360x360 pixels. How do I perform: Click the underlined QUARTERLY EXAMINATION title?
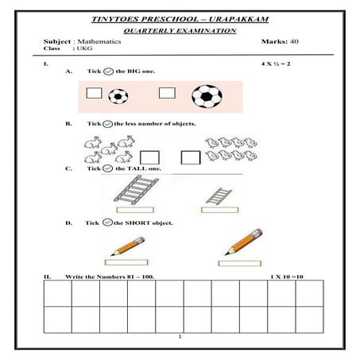tap(180, 29)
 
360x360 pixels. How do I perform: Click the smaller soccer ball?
tap(118, 96)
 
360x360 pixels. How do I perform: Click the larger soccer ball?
tap(207, 96)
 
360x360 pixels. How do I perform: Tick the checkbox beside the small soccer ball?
tap(94, 94)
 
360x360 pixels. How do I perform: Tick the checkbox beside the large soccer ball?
tap(167, 93)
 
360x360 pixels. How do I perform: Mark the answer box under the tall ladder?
tap(131, 210)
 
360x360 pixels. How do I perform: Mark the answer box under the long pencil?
tap(238, 262)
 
